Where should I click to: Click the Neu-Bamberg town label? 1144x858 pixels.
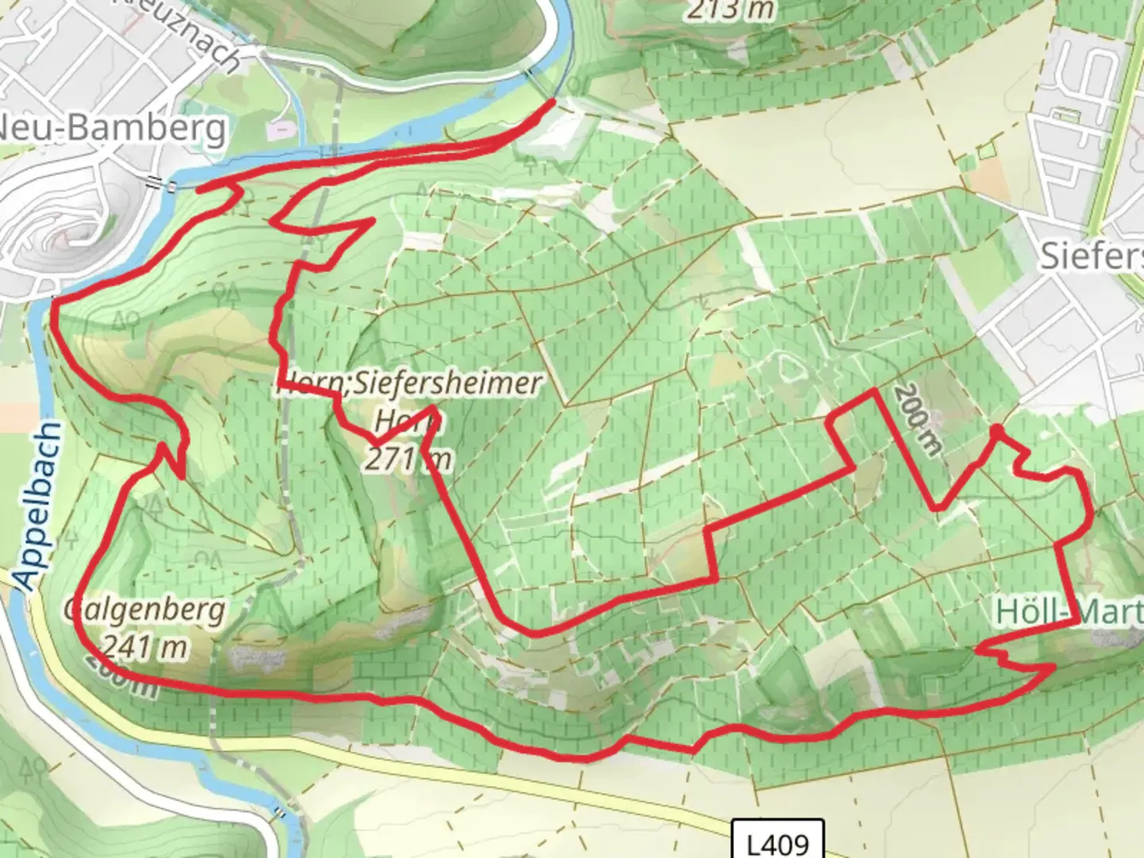click(111, 127)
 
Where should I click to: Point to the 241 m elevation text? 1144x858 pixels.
click(145, 647)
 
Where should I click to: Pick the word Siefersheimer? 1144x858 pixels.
click(447, 385)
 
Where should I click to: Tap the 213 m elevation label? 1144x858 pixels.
click(730, 10)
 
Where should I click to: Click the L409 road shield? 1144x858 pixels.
click(778, 842)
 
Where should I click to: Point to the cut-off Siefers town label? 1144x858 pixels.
click(1092, 256)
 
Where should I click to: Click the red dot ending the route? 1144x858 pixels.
click(995, 431)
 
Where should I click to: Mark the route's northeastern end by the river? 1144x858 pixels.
click(553, 102)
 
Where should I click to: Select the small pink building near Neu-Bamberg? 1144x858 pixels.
click(280, 129)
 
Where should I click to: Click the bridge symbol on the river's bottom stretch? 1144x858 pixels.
click(280, 812)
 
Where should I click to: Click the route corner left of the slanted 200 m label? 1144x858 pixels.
click(875, 390)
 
